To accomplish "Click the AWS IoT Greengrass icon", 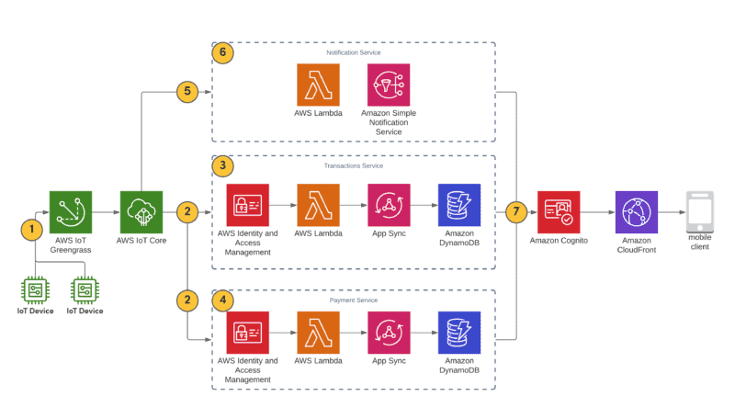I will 70,212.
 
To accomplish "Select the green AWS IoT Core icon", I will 141,212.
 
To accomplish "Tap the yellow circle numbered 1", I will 34,227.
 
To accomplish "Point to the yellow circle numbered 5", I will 187,91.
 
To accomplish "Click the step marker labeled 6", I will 222,52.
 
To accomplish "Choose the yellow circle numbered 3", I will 222,166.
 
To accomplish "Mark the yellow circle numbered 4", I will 222,300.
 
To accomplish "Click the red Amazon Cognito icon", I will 559,212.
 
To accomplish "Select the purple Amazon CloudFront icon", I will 636,212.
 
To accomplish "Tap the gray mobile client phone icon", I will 700,212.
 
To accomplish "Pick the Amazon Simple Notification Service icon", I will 389,85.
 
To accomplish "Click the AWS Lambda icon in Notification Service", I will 318,85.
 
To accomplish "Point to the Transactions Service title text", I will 354,165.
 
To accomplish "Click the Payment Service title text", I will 354,300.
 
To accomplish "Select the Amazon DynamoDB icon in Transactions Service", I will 459,205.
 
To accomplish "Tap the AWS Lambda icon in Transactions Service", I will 318,205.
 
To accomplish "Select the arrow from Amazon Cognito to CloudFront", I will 597,212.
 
